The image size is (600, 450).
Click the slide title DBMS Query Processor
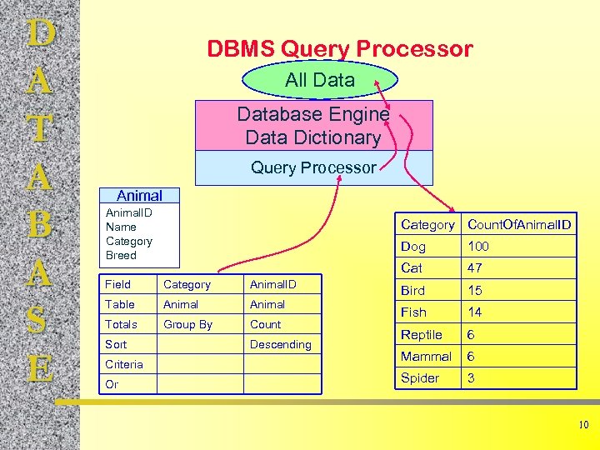[x=339, y=49]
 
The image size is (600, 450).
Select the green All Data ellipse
[x=320, y=81]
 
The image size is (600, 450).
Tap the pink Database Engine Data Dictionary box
[x=313, y=126]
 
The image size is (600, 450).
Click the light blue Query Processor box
[x=313, y=167]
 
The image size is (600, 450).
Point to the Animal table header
[x=139, y=196]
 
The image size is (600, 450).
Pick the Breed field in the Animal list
[x=121, y=255]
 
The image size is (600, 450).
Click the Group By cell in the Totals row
[x=187, y=324]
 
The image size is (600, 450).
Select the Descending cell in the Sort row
[x=280, y=344]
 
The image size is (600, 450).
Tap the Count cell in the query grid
[x=265, y=324]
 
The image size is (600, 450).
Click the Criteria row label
[x=123, y=364]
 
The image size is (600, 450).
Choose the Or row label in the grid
[x=112, y=384]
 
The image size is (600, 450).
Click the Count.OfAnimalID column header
[x=519, y=224]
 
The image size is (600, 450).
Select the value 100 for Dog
[x=478, y=247]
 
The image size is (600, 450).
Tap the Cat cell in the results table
[x=412, y=268]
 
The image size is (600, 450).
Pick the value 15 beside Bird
[x=475, y=291]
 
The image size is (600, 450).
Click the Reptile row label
[x=422, y=334]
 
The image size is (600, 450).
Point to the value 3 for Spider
[x=472, y=378]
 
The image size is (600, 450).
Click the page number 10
[x=583, y=426]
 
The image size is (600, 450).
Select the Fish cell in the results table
[x=413, y=312]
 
